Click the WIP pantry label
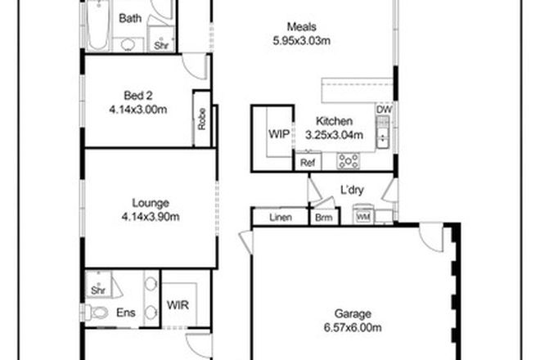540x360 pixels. (277, 134)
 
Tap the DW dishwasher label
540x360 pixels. (384, 109)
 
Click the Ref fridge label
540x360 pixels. (308, 164)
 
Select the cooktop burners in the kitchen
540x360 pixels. (349, 161)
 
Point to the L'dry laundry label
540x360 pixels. (352, 192)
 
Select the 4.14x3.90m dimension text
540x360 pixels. (151, 216)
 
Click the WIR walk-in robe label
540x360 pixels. (178, 305)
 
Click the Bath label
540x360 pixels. (129, 17)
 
